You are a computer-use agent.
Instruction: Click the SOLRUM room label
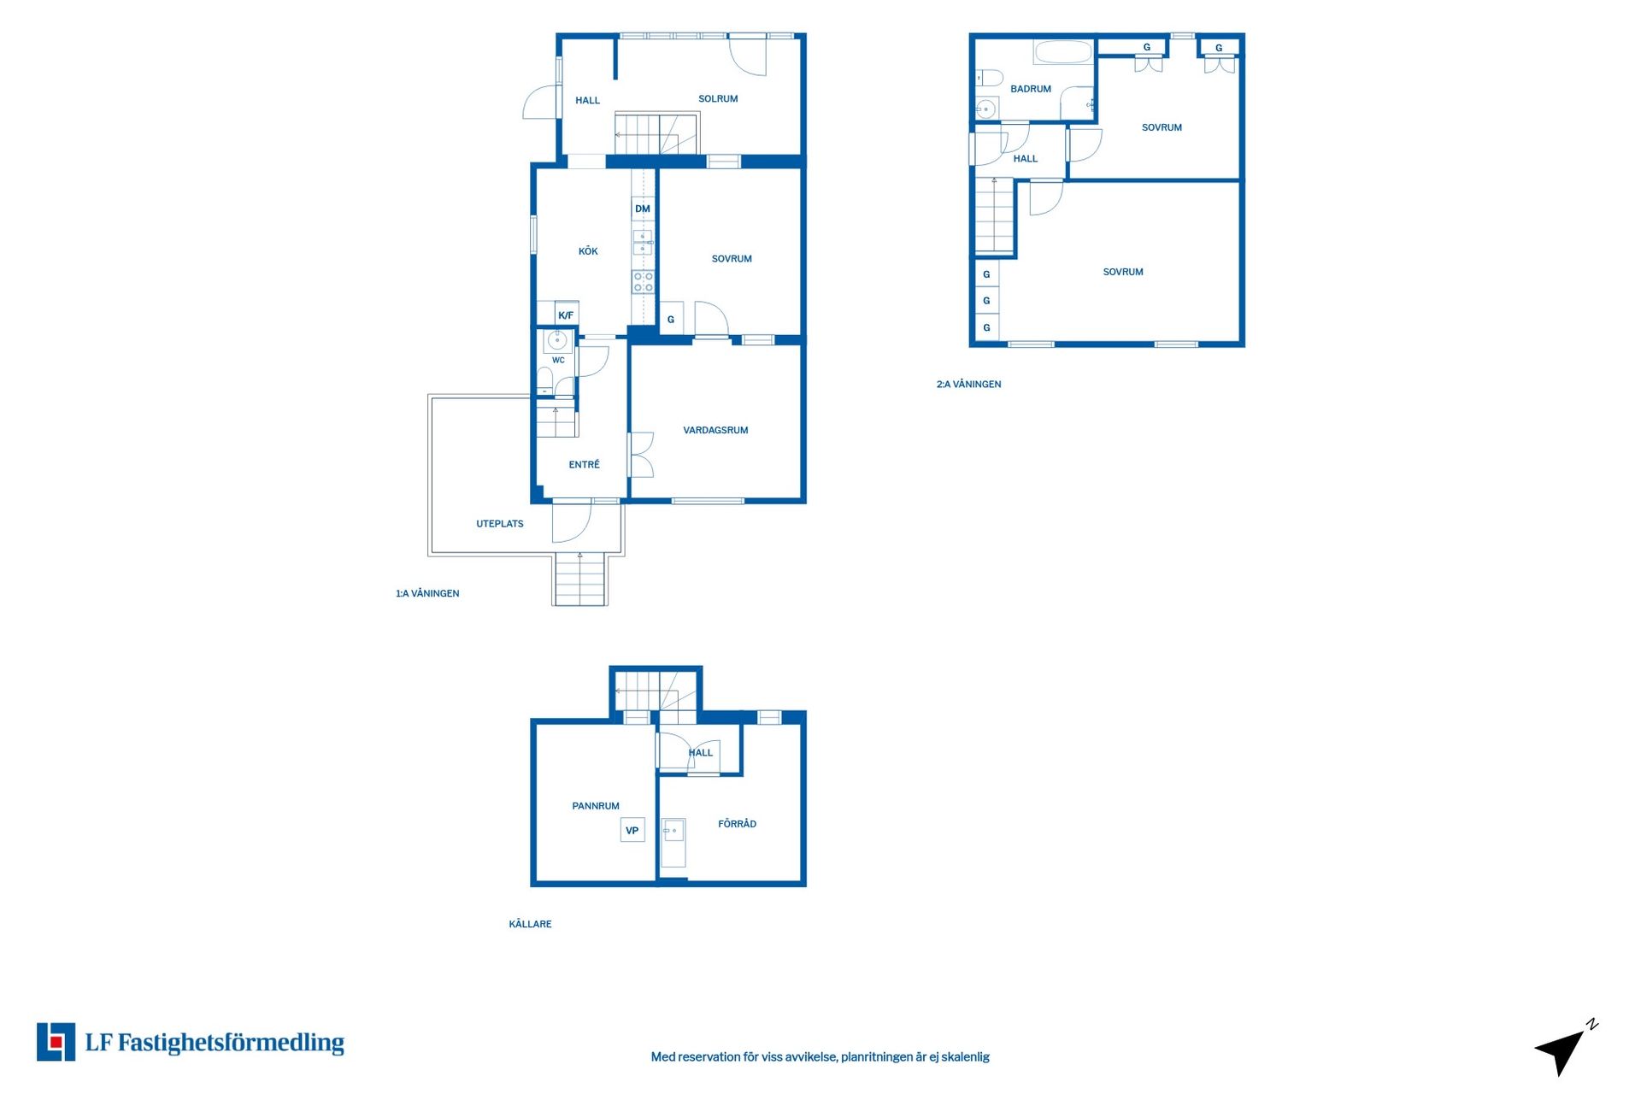tap(718, 99)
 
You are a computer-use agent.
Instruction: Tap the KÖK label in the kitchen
tap(588, 251)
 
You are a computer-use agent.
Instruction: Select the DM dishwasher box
tap(643, 209)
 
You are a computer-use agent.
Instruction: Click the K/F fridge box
tap(566, 315)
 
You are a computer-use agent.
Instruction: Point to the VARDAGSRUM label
tap(715, 431)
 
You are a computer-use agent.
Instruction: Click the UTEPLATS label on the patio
tap(500, 524)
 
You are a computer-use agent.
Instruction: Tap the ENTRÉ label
tap(585, 465)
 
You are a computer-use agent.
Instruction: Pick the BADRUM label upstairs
tap(1031, 89)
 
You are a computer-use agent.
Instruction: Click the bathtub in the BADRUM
tap(1063, 53)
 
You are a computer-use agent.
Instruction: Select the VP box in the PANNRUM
tap(632, 830)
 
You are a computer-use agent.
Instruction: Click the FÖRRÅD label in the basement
tap(737, 824)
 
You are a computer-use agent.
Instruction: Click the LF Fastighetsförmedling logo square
tap(56, 1042)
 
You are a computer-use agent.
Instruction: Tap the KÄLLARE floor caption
tap(530, 924)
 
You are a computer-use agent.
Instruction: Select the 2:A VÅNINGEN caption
tap(968, 385)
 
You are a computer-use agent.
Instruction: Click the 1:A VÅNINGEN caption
tap(427, 593)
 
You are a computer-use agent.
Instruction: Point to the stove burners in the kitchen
tap(643, 282)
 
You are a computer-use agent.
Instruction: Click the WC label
tap(558, 360)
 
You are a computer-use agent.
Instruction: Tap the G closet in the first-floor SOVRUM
tap(671, 319)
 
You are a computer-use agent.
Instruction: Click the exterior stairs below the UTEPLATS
tap(580, 579)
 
